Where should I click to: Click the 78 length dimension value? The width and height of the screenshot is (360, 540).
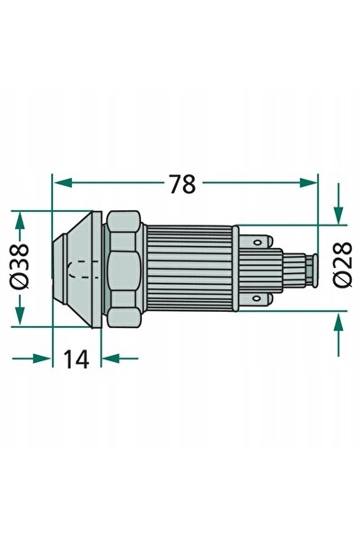tap(183, 184)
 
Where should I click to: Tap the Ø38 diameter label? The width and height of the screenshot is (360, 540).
tap(20, 266)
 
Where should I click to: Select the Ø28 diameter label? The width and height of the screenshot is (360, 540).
tap(343, 264)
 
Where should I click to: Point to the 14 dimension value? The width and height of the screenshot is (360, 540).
tap(76, 359)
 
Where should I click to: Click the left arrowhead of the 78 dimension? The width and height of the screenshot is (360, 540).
tap(63, 183)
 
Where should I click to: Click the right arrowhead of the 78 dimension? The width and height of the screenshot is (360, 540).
tap(308, 183)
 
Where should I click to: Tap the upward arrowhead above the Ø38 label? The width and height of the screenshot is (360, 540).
tap(20, 220)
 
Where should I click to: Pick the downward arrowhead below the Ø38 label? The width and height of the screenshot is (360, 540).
tap(20, 315)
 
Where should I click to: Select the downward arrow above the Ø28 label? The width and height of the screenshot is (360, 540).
tap(339, 204)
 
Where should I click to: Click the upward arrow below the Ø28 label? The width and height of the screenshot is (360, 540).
tap(339, 333)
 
